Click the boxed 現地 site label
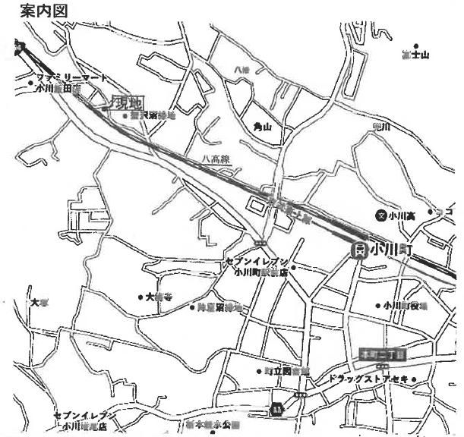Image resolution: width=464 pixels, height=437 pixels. [128, 102]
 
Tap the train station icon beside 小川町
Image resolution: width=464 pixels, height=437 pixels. [359, 249]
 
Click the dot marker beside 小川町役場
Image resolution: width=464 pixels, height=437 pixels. [378, 306]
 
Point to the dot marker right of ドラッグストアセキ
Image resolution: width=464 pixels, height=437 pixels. [414, 376]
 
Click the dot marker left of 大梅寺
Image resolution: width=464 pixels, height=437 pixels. [140, 297]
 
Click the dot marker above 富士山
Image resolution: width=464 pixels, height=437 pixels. [415, 46]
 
